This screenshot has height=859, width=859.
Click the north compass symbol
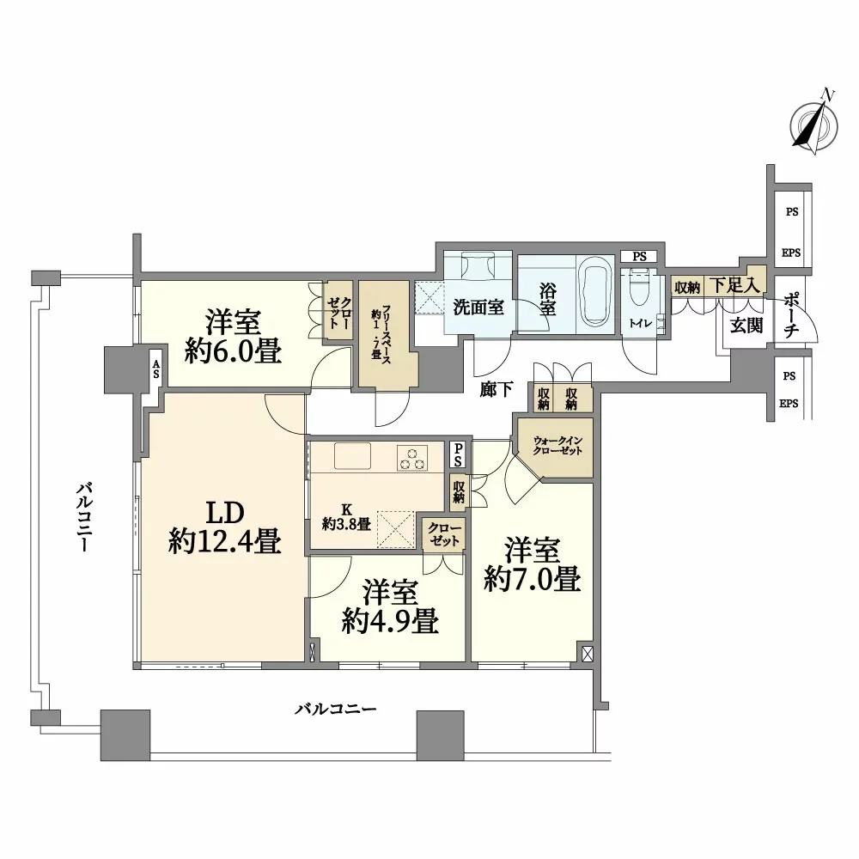(814, 125)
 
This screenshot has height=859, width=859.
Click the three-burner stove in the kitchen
(412, 458)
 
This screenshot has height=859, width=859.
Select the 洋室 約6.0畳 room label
(234, 337)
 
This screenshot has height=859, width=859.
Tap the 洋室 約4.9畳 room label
(390, 607)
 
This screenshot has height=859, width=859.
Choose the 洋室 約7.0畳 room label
(533, 565)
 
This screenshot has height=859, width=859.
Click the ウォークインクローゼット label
(557, 446)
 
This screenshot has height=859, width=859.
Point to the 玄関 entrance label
(746, 326)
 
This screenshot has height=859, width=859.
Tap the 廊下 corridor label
(497, 389)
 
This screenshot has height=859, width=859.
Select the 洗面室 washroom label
(478, 308)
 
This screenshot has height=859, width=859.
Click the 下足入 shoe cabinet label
(734, 285)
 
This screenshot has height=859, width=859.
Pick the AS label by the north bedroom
(156, 369)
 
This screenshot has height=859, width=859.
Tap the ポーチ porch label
(792, 314)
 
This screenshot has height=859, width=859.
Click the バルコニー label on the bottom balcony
(336, 710)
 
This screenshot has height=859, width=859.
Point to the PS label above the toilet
(639, 256)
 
